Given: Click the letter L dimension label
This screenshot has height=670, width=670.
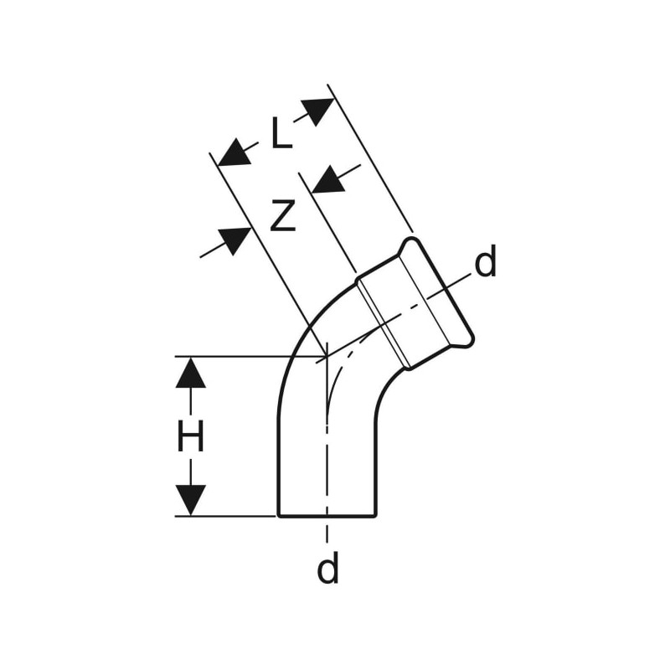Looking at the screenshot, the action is [x=282, y=133].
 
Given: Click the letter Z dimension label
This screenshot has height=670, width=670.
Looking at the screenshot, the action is [x=283, y=216].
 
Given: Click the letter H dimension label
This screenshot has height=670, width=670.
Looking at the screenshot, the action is [x=191, y=435].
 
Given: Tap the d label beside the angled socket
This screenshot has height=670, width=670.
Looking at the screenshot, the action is [x=486, y=260].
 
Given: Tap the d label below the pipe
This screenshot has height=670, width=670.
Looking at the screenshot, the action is [x=327, y=567].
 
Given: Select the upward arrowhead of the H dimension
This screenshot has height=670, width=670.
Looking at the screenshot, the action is [x=191, y=372].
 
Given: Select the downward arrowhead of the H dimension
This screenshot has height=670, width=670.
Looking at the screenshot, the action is [x=191, y=500].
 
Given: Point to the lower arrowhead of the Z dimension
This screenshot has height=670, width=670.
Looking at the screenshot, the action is [x=234, y=241].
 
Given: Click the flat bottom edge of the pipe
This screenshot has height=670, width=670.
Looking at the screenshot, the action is [x=327, y=516].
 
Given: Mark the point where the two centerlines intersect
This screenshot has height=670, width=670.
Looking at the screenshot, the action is [x=327, y=356].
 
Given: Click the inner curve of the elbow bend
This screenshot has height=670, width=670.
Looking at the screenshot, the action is [x=387, y=387].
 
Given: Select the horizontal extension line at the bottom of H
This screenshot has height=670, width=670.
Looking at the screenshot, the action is [x=225, y=516].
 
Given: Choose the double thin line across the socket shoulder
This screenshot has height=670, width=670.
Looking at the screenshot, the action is [x=384, y=324].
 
